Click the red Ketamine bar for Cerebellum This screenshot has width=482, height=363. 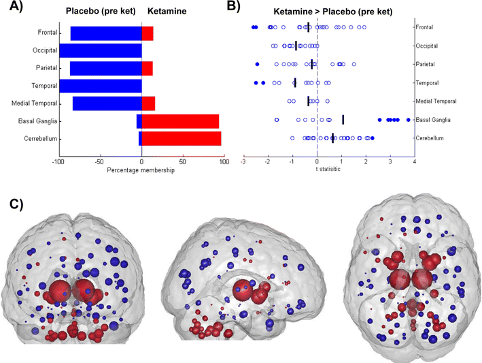click(181, 138)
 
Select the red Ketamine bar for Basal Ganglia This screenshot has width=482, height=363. click(180, 121)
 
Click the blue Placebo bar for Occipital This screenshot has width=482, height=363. click(100, 50)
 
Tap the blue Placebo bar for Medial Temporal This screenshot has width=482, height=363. click(107, 104)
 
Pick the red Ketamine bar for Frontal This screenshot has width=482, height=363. click(148, 33)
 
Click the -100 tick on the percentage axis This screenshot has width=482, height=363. click(59, 163)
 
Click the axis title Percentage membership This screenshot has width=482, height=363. click(141, 170)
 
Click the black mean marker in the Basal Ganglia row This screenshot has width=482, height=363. click(343, 119)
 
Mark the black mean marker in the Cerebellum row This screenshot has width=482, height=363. click(332, 138)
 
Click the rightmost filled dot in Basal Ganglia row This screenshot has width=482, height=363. click(408, 119)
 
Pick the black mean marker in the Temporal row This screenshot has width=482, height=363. click(295, 82)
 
